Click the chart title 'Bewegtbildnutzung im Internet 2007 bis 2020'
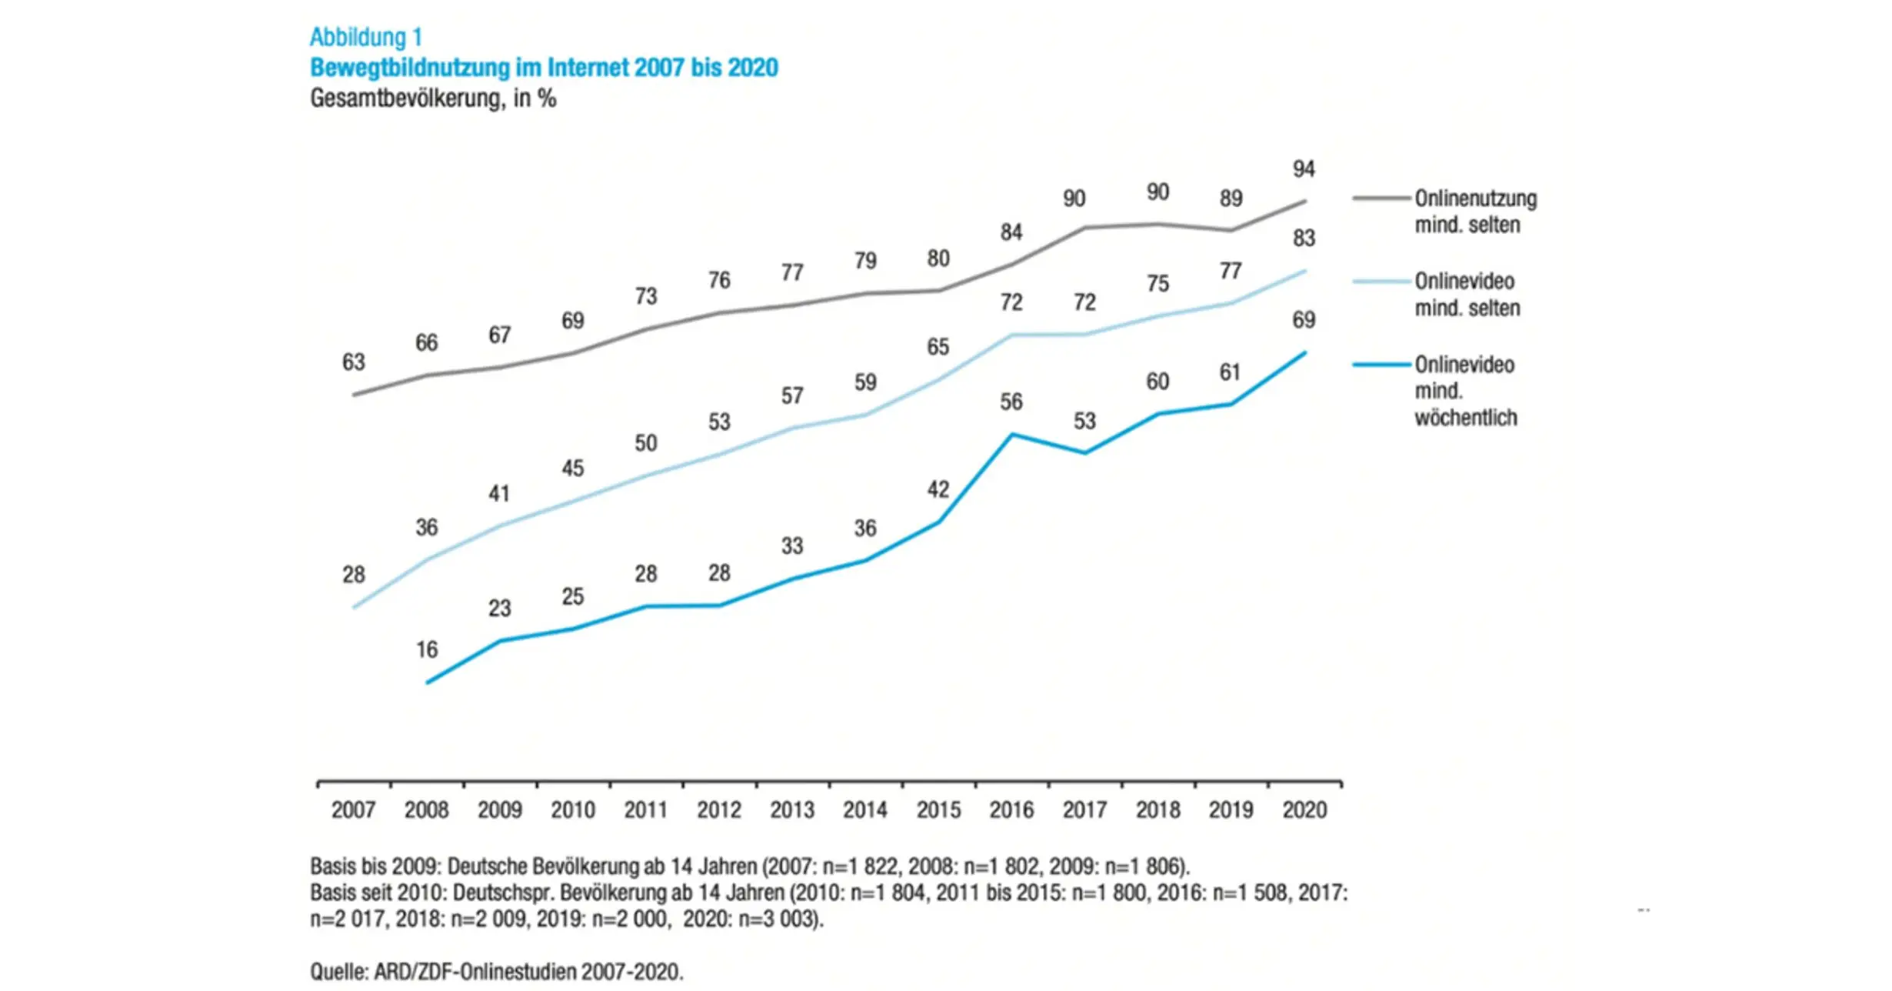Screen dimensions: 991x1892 [543, 68]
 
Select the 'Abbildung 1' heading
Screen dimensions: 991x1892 [365, 37]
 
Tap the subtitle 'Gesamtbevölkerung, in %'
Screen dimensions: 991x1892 [432, 98]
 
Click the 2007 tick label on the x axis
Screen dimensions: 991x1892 [353, 810]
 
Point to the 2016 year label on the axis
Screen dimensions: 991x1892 [1011, 810]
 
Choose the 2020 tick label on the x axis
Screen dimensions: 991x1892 [1304, 810]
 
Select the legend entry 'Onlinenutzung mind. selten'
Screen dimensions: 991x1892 [1474, 212]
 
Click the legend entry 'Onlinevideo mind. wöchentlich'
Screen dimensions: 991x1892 [1464, 391]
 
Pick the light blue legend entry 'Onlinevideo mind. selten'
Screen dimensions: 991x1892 [1467, 295]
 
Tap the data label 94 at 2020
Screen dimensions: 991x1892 [1304, 169]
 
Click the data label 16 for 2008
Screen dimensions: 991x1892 [427, 650]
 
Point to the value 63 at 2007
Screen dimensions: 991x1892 [353, 362]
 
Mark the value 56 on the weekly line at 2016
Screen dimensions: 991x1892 [1011, 402]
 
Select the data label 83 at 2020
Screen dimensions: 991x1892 [1304, 239]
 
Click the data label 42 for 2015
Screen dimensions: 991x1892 [938, 489]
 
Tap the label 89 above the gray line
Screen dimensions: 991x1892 [1231, 199]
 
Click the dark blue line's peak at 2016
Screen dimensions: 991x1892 [1012, 435]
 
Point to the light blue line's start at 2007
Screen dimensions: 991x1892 [354, 608]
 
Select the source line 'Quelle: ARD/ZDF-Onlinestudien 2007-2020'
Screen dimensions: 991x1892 [496, 972]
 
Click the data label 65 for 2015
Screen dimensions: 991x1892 [938, 347]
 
